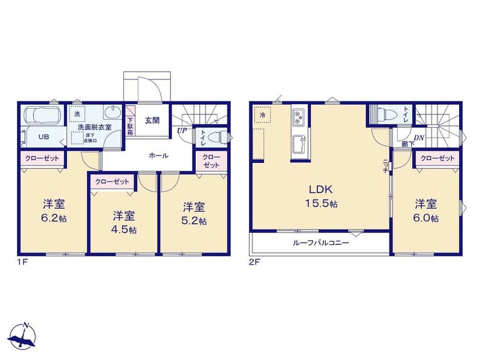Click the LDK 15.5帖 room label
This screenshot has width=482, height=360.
[321, 196]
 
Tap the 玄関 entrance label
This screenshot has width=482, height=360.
[152, 120]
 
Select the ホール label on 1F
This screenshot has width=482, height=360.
[158, 156]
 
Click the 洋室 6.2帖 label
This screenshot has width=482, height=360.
[54, 211]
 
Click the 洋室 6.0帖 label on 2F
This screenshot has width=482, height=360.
[426, 211]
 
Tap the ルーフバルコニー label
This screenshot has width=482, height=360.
[321, 243]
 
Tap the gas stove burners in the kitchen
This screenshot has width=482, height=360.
[298, 117]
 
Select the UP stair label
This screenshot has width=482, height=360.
[182, 130]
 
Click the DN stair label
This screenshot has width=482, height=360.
[419, 138]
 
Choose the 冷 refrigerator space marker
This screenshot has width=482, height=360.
[262, 115]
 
